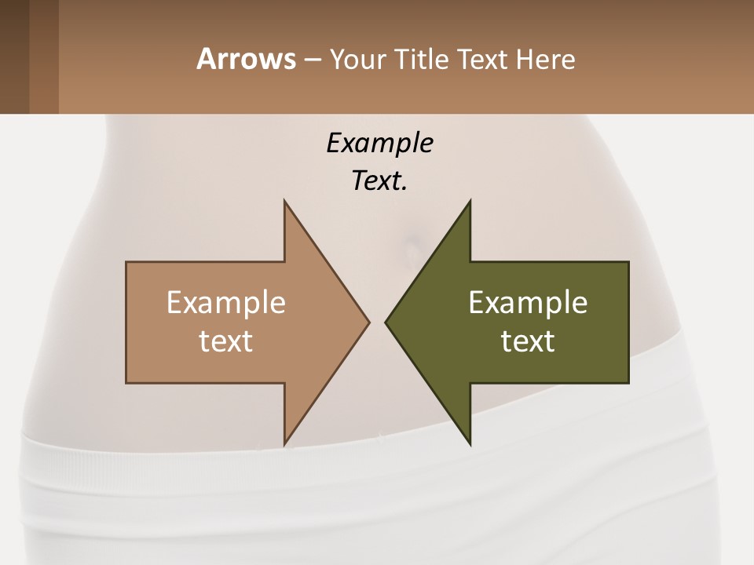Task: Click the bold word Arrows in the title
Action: pyautogui.click(x=246, y=59)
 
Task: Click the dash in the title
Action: pyautogui.click(x=312, y=60)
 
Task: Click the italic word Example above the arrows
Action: pyautogui.click(x=379, y=143)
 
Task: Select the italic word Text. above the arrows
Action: pyautogui.click(x=379, y=181)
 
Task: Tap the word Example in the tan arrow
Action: pyautogui.click(x=226, y=302)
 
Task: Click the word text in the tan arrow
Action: pyautogui.click(x=226, y=341)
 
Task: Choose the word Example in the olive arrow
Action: pyautogui.click(x=528, y=302)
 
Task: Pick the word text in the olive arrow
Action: pyautogui.click(x=528, y=341)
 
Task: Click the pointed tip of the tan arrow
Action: pyautogui.click(x=368, y=322)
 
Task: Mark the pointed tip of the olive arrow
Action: pyautogui.click(x=386, y=322)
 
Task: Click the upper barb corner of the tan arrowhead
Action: pyautogui.click(x=284, y=202)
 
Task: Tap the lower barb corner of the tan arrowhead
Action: pyautogui.click(x=284, y=443)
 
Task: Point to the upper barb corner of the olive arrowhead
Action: pyautogui.click(x=470, y=202)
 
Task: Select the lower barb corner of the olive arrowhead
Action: pyautogui.click(x=470, y=443)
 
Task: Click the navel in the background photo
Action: pyautogui.click(x=410, y=250)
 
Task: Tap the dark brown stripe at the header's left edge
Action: pyautogui.click(x=14, y=56)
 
